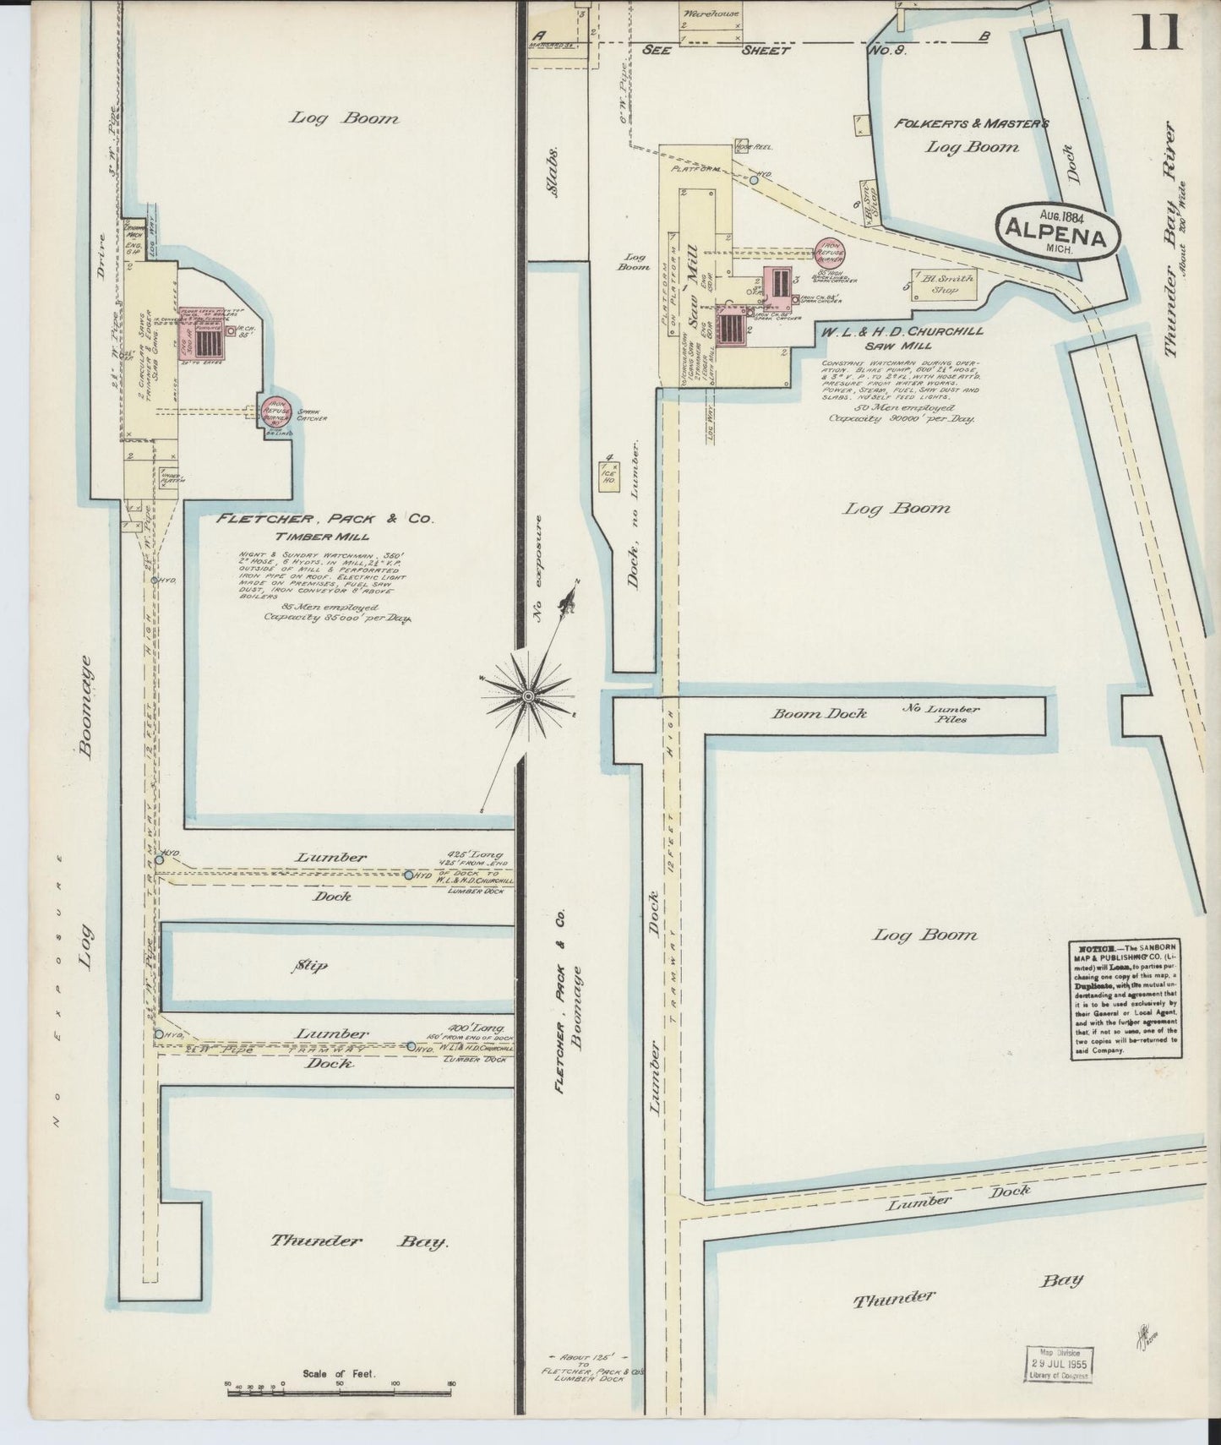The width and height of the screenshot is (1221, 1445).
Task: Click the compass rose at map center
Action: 527,695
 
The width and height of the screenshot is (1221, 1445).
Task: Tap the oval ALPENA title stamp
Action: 1060,230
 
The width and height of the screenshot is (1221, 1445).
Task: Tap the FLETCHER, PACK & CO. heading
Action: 325,520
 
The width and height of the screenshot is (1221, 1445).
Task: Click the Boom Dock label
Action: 819,713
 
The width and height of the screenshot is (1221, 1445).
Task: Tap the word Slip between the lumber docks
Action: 311,965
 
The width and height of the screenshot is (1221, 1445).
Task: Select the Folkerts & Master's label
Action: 972,123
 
